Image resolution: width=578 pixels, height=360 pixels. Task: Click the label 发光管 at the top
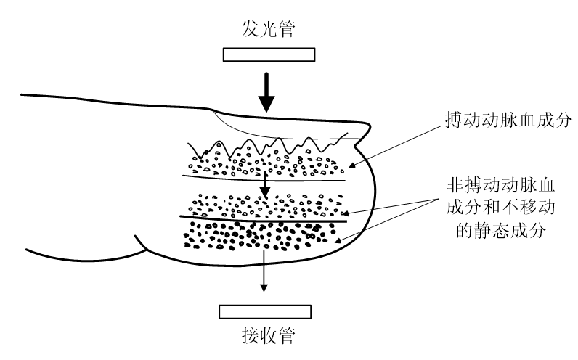click(268, 30)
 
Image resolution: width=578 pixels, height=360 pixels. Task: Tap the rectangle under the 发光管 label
click(269, 54)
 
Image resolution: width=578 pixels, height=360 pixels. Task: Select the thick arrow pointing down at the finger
click(269, 91)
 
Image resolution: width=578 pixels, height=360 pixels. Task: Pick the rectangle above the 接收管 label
click(269, 311)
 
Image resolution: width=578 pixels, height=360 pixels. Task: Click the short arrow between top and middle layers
click(266, 184)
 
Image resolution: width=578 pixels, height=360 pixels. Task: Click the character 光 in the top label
click(268, 30)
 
